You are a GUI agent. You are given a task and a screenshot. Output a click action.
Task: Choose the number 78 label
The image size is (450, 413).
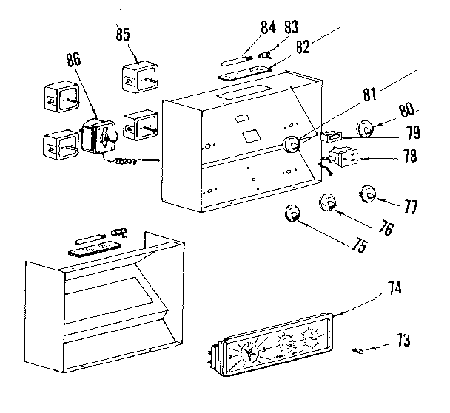pos(408,157)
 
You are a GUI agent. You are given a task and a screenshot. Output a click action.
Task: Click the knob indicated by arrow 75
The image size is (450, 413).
pos(293,215)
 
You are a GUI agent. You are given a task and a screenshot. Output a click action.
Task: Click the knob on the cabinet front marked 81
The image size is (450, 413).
pos(292,144)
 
